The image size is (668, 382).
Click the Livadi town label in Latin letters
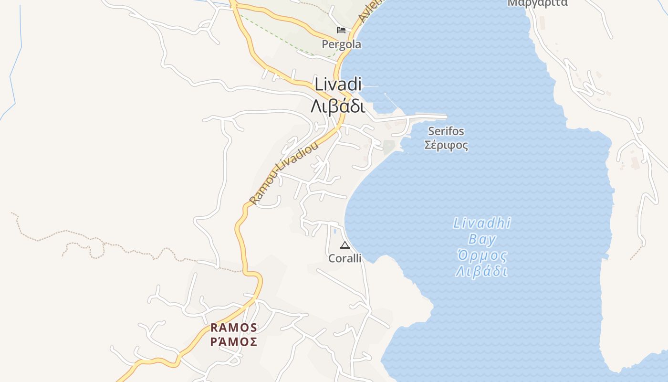[338, 85]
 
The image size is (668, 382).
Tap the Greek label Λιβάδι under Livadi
[338, 106]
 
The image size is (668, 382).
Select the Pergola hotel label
[341, 44]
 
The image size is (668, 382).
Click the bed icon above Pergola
[341, 30]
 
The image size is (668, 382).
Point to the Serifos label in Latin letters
[446, 131]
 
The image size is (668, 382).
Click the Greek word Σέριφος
[446, 145]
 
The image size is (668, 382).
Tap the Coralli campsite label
[344, 258]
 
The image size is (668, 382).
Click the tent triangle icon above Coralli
[344, 245]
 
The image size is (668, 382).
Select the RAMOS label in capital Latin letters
[234, 328]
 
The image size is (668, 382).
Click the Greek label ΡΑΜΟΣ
[234, 342]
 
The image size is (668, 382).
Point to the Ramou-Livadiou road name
[283, 174]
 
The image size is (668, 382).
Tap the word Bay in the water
[482, 239]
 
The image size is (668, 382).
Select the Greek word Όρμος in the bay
[482, 255]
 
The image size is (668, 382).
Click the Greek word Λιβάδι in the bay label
[481, 272]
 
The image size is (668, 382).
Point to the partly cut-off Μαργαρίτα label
[537, 3]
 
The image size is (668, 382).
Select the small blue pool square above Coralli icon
[335, 232]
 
